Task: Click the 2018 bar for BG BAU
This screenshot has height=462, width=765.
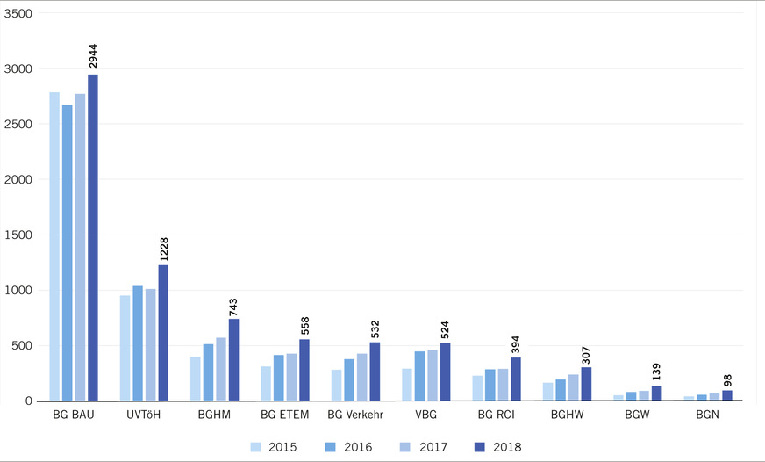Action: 92,237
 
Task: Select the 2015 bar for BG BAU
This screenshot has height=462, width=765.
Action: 54,246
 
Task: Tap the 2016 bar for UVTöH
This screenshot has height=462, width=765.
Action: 138,343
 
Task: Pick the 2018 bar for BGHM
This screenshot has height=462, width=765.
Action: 233,360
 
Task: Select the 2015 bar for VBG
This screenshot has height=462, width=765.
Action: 407,385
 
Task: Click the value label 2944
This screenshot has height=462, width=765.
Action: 93,54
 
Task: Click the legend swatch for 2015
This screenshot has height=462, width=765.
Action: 256,447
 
